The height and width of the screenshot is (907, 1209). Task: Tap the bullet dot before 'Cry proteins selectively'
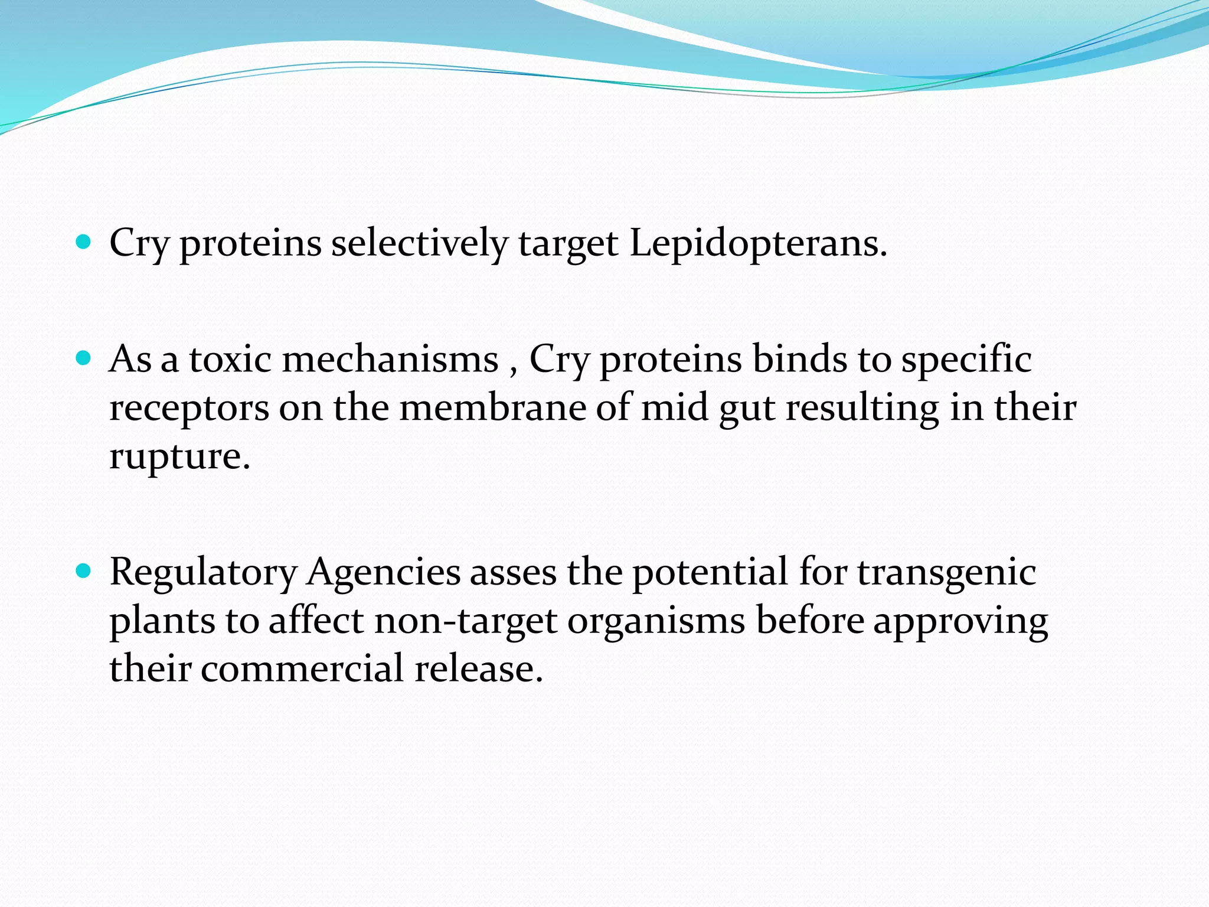(x=84, y=242)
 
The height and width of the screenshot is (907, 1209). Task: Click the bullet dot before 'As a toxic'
(x=84, y=358)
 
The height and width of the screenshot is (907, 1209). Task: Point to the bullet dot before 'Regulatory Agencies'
(x=84, y=571)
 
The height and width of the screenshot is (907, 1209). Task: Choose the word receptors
(x=189, y=409)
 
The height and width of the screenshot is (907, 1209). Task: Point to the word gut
(x=746, y=409)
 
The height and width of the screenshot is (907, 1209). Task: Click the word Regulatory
(x=203, y=573)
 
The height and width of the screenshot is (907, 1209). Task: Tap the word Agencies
(x=384, y=573)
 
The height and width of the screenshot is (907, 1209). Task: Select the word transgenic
(x=946, y=573)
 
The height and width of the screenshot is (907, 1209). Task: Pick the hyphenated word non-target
(x=466, y=621)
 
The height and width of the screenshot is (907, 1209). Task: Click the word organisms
(x=656, y=621)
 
